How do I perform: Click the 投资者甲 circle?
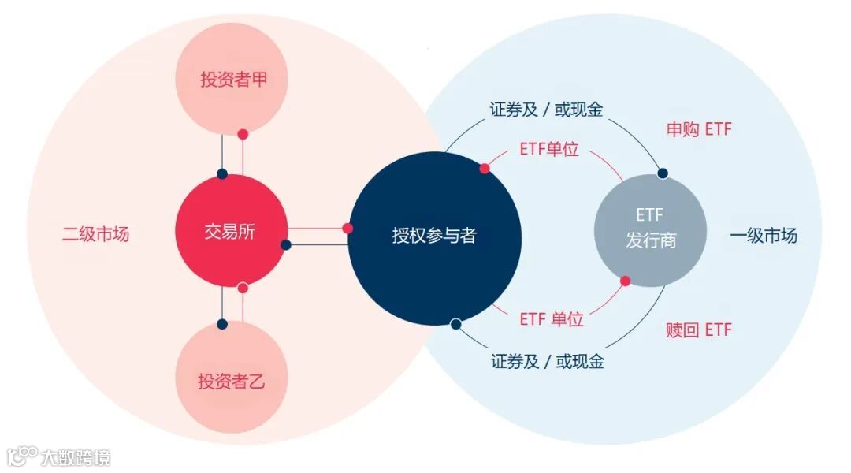tap(232, 79)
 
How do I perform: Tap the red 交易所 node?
tap(230, 231)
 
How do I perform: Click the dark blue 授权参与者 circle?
tap(434, 236)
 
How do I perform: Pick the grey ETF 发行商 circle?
tap(650, 230)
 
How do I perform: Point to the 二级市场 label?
tap(96, 235)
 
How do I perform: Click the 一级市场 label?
tap(764, 236)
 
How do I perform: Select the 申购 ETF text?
tap(699, 129)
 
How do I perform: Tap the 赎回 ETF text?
tap(698, 330)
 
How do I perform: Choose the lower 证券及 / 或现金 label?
tap(547, 362)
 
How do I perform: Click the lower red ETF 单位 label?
tap(552, 319)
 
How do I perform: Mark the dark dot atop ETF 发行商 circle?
tap(663, 173)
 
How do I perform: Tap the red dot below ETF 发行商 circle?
tap(626, 281)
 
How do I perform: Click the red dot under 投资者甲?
tap(243, 135)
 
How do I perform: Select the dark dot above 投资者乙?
tap(222, 323)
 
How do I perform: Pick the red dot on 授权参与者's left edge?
tap(347, 229)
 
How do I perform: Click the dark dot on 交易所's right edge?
tap(286, 244)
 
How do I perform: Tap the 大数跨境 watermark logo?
tap(59, 456)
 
